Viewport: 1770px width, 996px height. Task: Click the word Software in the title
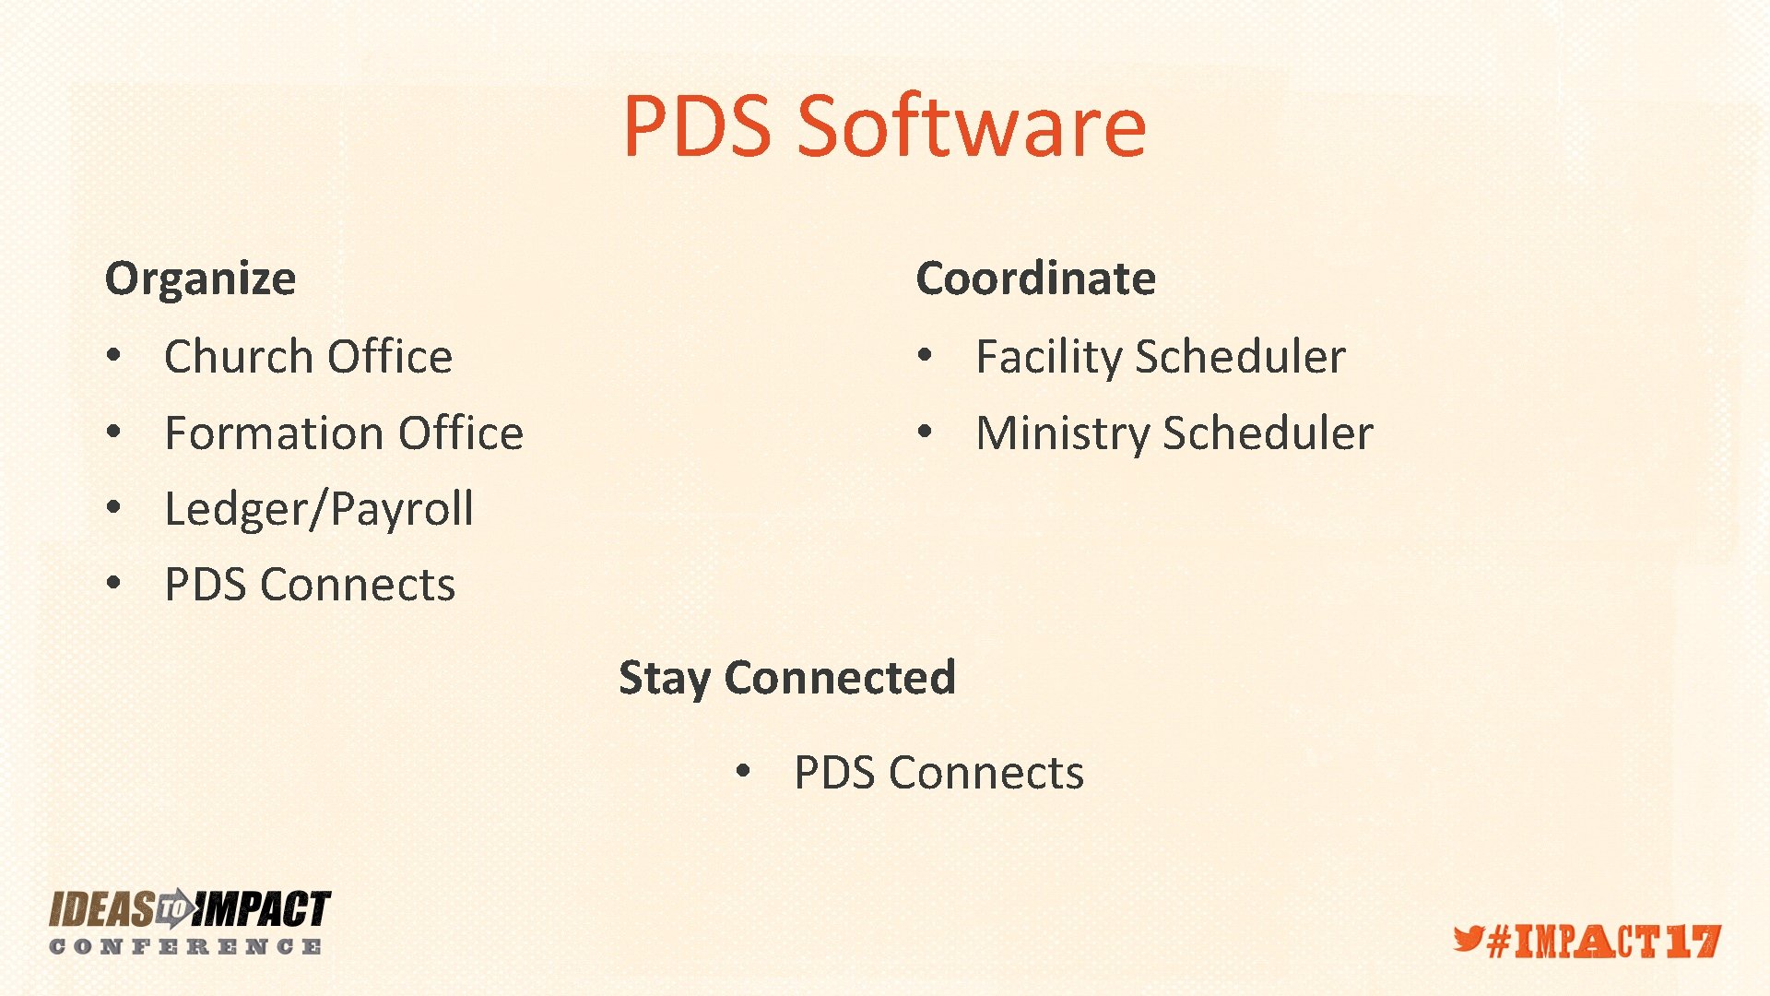pyautogui.click(x=972, y=126)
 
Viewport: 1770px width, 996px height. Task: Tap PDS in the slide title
pyautogui.click(x=697, y=126)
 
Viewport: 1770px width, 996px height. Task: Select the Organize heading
pyautogui.click(x=200, y=279)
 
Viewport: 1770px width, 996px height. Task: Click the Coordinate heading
pyautogui.click(x=1035, y=279)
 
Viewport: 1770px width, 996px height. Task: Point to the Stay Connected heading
pyautogui.click(x=786, y=678)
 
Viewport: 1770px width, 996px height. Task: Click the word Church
pyautogui.click(x=238, y=357)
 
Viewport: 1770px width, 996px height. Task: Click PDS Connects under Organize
pyautogui.click(x=310, y=585)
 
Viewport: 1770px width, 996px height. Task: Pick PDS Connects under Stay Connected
pyautogui.click(x=938, y=773)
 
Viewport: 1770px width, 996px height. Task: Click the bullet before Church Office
pyautogui.click(x=113, y=355)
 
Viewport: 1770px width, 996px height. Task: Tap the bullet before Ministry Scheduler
pyautogui.click(x=925, y=432)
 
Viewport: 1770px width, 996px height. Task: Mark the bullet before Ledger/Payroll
pyautogui.click(x=113, y=507)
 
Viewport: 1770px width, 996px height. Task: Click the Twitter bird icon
pyautogui.click(x=1469, y=940)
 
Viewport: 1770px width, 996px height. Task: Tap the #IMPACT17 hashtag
pyautogui.click(x=1604, y=942)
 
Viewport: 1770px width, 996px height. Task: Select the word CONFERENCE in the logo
pyautogui.click(x=185, y=947)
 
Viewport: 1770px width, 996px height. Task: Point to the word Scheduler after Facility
pyautogui.click(x=1241, y=357)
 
